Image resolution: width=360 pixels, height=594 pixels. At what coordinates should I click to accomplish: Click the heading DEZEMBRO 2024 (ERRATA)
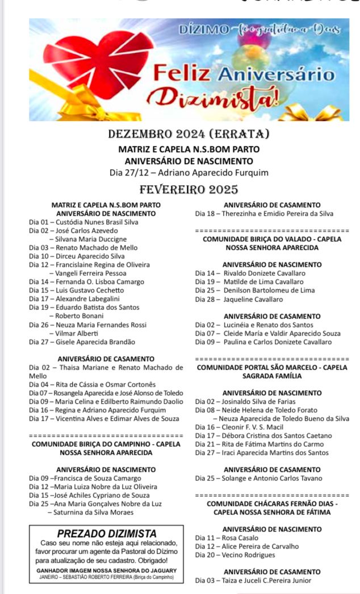point(188,135)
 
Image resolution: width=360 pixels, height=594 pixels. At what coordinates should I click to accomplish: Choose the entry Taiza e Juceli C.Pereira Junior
point(253,580)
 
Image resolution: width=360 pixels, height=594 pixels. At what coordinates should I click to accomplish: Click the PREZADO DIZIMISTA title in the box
point(107,533)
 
